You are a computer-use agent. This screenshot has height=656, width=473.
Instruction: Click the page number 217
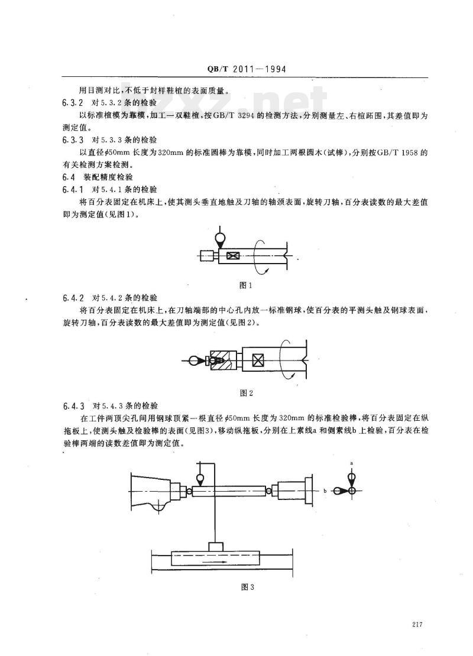click(x=417, y=625)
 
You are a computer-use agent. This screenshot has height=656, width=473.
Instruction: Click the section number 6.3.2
click(x=73, y=102)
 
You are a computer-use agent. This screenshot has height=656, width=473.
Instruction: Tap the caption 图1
click(x=245, y=286)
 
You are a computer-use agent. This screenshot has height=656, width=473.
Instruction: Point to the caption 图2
click(x=246, y=393)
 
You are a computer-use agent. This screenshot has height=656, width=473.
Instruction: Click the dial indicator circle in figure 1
click(x=219, y=239)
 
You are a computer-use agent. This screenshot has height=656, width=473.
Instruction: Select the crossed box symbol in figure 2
click(x=258, y=359)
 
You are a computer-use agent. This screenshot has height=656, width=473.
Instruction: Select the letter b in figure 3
click(x=325, y=491)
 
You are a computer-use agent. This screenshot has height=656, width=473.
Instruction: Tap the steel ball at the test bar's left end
click(x=189, y=491)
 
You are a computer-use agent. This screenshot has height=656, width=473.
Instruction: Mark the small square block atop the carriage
click(x=216, y=547)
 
